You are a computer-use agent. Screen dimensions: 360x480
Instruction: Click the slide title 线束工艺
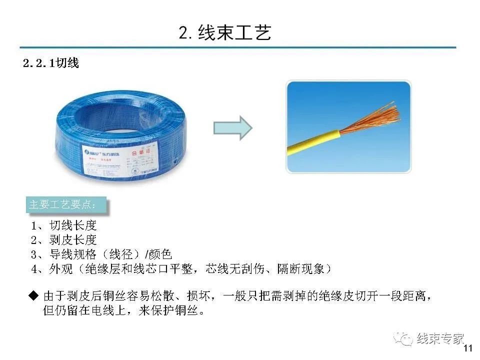coord(225,32)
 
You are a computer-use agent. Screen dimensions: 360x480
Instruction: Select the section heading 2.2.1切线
coord(51,63)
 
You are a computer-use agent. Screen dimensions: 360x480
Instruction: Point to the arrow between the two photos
coord(232,127)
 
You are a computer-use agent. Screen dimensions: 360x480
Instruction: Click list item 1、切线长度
coord(63,226)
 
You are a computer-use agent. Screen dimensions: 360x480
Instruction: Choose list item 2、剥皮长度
coord(63,240)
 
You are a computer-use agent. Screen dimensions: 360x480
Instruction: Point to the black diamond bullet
coord(33,295)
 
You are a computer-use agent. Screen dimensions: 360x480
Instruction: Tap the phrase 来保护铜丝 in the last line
coord(170,311)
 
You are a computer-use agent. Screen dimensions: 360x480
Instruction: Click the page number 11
coord(468,348)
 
